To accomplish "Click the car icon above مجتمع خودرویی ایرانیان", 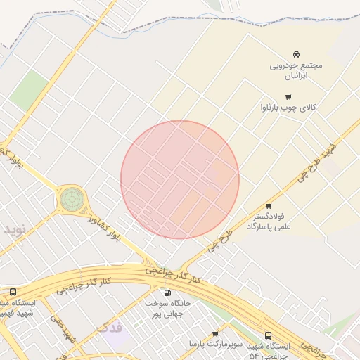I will click(x=297, y=54).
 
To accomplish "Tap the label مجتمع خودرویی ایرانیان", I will click(x=296, y=70).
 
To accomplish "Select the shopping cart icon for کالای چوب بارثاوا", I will click(x=288, y=97).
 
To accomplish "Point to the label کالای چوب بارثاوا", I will click(x=288, y=108).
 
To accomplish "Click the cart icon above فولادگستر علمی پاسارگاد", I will click(x=269, y=206).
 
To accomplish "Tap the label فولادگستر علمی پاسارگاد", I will click(x=269, y=222).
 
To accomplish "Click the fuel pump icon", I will click(x=167, y=292).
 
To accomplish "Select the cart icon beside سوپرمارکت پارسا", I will click(x=214, y=334).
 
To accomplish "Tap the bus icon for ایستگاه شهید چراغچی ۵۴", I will click(x=268, y=336).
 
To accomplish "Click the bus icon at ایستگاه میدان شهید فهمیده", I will click(x=13, y=292).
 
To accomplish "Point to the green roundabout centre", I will click(x=70, y=199).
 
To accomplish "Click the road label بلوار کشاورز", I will click(x=105, y=227).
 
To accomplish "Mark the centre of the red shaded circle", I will click(x=180, y=179).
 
